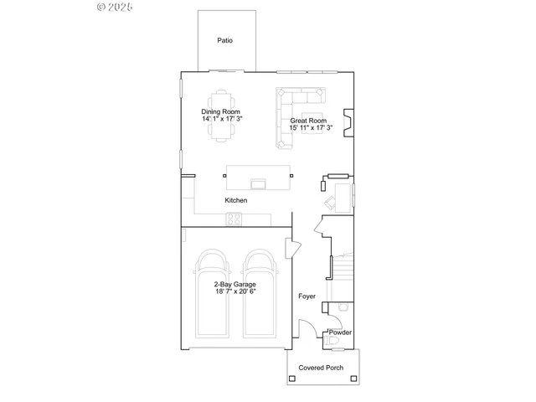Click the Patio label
(x=224, y=40)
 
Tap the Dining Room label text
(x=221, y=111)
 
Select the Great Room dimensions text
(x=312, y=128)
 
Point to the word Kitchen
(x=236, y=201)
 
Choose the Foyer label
(x=307, y=296)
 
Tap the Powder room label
(x=340, y=332)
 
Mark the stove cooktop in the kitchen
(x=234, y=219)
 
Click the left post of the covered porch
(x=291, y=379)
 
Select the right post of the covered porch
(x=355, y=379)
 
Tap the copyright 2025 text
(x=116, y=7)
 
